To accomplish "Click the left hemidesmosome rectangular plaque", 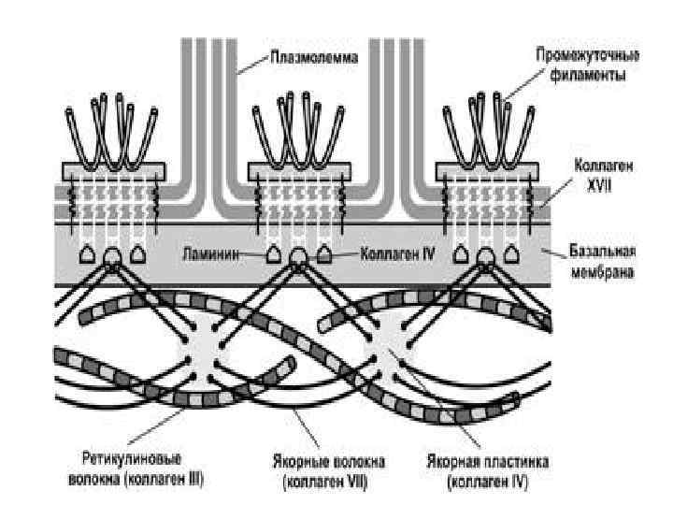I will tap(113, 171).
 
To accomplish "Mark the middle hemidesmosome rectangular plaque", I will tap(298, 171).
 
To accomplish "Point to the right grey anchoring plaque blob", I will tap(393, 347).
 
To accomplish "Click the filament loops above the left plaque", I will tap(112, 126).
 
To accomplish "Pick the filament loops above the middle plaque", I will tap(298, 126).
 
